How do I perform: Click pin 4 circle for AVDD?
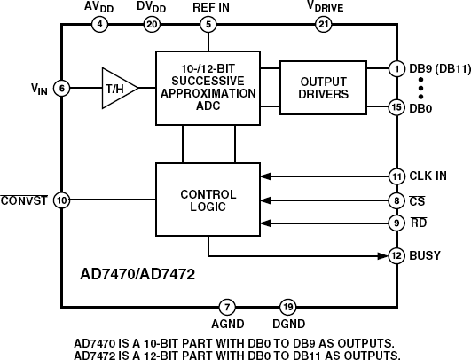(x=99, y=24)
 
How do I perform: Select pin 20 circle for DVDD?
(x=153, y=24)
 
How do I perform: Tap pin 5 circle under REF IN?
(x=208, y=24)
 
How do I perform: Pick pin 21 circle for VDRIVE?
(x=324, y=24)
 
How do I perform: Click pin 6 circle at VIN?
(x=61, y=88)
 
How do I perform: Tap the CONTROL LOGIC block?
(x=208, y=200)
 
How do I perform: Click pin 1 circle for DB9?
(x=396, y=68)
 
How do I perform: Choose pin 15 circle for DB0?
(x=396, y=107)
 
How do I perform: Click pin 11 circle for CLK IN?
(x=396, y=175)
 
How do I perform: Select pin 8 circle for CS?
(x=396, y=200)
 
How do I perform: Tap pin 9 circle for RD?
(x=396, y=223)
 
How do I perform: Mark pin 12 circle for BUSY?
(x=396, y=255)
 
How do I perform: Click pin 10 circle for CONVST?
(x=61, y=200)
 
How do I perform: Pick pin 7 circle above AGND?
(x=228, y=307)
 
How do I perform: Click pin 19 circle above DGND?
(x=287, y=307)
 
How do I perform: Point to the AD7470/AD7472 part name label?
(x=131, y=274)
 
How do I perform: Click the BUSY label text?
(x=427, y=255)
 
